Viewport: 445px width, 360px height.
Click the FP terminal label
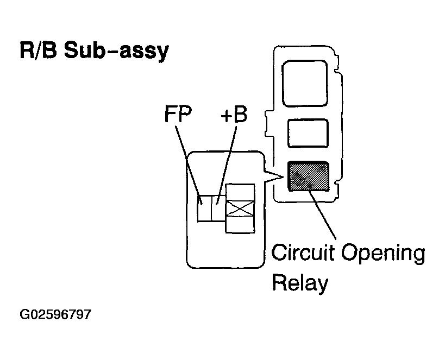[178, 114]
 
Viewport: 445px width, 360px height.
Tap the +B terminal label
[234, 115]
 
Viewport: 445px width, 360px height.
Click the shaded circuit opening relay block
[309, 176]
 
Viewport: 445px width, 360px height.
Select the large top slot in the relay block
[305, 84]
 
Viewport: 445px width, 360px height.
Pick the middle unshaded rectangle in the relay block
[308, 134]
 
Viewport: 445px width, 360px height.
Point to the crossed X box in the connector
[240, 209]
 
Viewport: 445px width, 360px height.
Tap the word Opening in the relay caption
[383, 254]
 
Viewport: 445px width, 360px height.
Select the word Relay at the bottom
[300, 283]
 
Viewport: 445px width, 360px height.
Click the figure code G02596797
[55, 314]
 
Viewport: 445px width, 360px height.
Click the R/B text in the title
[39, 50]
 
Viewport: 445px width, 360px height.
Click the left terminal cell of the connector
[205, 209]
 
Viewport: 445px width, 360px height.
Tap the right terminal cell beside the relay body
[219, 209]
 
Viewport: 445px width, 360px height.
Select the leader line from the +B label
[226, 165]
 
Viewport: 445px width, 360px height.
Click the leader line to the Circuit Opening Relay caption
[322, 215]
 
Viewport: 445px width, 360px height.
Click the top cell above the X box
[240, 192]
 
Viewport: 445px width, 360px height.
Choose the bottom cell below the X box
[240, 225]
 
